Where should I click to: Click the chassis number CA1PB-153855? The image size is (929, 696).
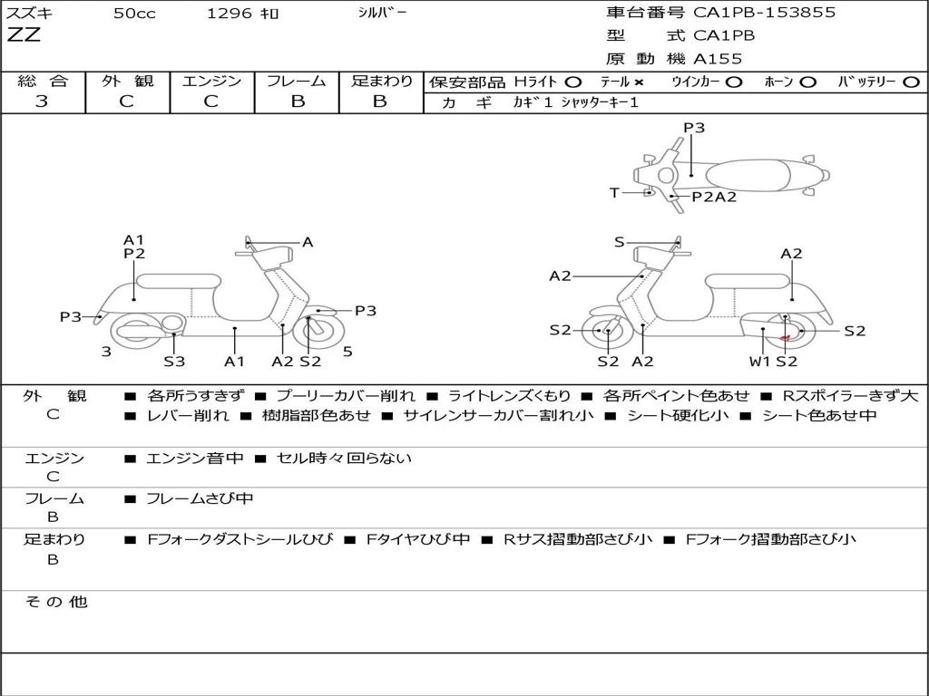[764, 13]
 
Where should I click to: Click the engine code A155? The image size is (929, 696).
[718, 59]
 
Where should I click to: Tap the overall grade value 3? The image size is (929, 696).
[42, 101]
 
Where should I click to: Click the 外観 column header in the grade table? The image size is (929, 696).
[127, 81]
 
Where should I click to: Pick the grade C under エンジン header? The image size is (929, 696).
[211, 101]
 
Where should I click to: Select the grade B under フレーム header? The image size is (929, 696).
[297, 101]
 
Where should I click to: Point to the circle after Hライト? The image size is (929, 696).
[572, 82]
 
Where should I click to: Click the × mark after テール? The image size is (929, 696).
[638, 82]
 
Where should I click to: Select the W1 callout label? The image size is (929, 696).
[759, 362]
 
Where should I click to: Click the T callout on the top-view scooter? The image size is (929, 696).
[614, 192]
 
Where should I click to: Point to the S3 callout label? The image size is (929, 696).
[174, 362]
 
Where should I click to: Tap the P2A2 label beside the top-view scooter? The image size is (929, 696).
[714, 197]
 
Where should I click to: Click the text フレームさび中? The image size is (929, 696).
[200, 498]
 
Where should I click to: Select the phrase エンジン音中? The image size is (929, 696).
[195, 459]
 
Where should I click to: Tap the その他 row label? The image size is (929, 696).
[55, 602]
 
